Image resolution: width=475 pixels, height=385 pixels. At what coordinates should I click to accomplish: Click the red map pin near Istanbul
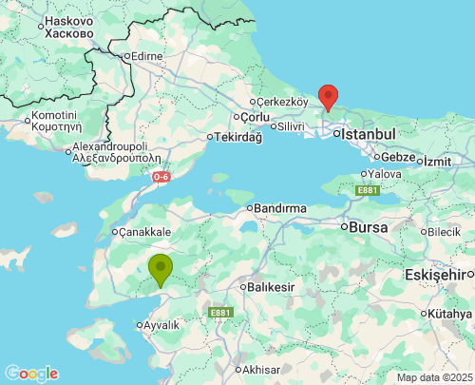click(x=328, y=97)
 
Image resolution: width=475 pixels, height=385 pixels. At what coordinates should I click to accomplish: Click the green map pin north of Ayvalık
click(x=161, y=269)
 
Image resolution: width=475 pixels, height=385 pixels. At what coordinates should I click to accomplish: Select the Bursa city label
click(x=370, y=228)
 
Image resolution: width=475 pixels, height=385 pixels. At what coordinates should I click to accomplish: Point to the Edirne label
click(x=148, y=56)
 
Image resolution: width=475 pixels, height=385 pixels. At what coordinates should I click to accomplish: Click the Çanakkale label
click(x=144, y=231)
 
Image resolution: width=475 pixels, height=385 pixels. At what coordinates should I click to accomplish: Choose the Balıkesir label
click(x=275, y=286)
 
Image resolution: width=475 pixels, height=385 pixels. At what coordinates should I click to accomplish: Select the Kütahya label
click(x=449, y=314)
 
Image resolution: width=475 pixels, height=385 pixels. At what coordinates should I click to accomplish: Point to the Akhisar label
click(x=263, y=369)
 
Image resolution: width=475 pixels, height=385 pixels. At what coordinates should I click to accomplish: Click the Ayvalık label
click(x=161, y=325)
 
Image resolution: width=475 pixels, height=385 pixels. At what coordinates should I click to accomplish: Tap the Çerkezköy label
click(x=283, y=102)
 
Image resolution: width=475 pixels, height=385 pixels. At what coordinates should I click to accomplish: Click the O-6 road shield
click(x=161, y=176)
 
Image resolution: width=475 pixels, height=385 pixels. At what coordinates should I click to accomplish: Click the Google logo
click(x=31, y=374)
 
